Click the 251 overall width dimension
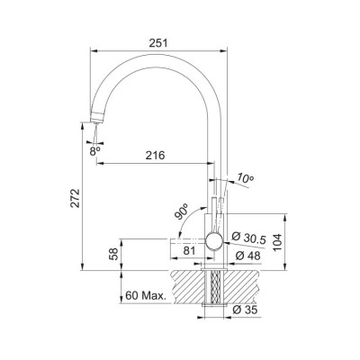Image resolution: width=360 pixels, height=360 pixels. (x=158, y=43)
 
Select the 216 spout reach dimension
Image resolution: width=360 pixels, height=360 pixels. (x=156, y=155)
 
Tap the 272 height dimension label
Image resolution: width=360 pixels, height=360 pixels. (x=75, y=198)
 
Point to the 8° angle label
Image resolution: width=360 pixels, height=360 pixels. (x=94, y=151)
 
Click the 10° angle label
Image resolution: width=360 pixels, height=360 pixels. (x=245, y=177)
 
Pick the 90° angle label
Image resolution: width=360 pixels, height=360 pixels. (x=182, y=211)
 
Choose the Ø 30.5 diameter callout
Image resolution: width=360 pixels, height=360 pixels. (x=248, y=238)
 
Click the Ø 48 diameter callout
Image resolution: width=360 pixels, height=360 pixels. (x=247, y=256)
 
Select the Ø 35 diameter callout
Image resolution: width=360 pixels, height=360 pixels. (x=245, y=310)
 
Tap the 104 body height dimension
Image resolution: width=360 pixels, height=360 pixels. (x=278, y=242)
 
